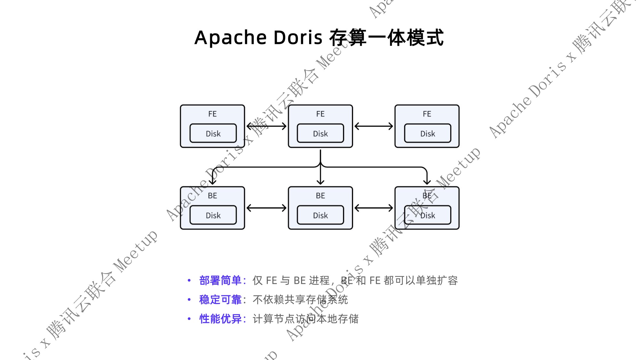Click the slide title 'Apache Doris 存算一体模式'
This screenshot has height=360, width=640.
[x=319, y=37]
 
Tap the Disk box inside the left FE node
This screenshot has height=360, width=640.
[x=213, y=133]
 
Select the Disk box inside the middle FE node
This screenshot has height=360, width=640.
[x=320, y=133]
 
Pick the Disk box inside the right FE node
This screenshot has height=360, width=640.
[x=428, y=133]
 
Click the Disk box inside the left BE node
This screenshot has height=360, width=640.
[x=213, y=215]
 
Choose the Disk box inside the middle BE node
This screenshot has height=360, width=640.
[x=320, y=215]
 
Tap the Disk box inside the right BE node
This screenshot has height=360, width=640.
[x=428, y=215]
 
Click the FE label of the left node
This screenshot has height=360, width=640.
[x=212, y=114]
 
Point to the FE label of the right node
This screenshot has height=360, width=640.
[x=427, y=114]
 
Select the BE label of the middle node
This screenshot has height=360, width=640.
[x=320, y=196]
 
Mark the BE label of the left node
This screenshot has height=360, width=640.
[x=212, y=196]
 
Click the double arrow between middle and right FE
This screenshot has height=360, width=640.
[x=374, y=126]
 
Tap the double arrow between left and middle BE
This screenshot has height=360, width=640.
[x=267, y=208]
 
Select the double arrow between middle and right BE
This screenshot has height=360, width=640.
[x=374, y=208]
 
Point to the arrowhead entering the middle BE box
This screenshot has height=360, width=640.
[x=320, y=182]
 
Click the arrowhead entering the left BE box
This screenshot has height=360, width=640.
[x=213, y=182]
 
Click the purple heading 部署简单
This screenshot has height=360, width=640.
[x=220, y=280]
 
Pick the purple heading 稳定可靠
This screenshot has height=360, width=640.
[x=220, y=300]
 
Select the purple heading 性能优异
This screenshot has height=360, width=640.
[x=220, y=319]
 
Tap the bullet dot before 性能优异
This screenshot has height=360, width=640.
[x=189, y=319]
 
